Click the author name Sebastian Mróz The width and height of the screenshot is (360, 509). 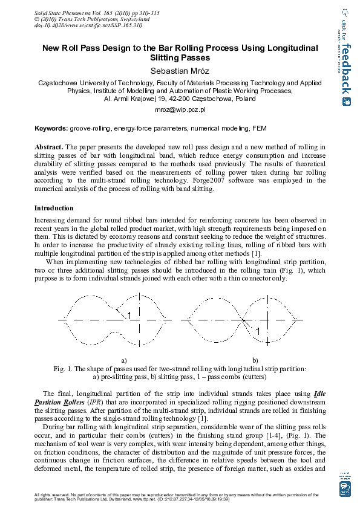pos(180,71)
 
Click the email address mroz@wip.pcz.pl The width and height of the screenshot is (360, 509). pos(180,110)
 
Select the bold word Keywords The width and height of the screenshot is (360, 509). pos(51,129)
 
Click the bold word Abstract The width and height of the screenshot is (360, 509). pos(48,147)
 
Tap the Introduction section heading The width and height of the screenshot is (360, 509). pos(54,208)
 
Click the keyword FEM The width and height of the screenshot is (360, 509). pos(260,129)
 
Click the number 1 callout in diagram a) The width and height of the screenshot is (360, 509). pos(129,316)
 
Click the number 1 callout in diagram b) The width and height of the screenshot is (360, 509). pos(258,331)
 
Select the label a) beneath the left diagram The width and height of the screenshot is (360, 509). pos(124,360)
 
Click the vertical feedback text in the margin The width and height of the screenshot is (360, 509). pos(345,70)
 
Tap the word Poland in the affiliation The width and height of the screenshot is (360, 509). pos(245,99)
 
